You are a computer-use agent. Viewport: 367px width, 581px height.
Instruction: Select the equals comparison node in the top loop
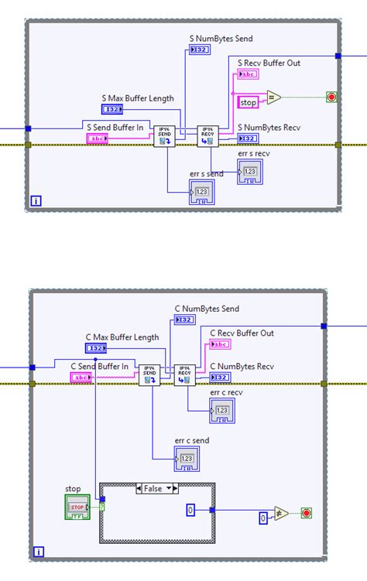tap(273, 97)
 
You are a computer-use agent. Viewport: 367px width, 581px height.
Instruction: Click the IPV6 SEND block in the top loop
tap(164, 135)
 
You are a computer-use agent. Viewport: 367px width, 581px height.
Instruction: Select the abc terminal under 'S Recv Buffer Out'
tap(249, 74)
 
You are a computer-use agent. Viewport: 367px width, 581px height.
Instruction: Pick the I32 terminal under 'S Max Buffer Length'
tap(112, 110)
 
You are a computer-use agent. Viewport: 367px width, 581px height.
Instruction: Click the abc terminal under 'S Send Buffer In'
tap(98, 138)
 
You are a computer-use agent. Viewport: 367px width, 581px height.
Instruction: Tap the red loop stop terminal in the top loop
tap(331, 97)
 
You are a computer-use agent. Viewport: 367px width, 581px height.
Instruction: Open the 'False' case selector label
tap(157, 488)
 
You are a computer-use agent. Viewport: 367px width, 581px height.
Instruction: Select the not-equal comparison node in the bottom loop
tap(280, 513)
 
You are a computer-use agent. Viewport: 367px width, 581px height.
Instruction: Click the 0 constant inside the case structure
tap(190, 510)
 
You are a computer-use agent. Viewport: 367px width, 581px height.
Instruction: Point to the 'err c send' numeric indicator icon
tap(187, 459)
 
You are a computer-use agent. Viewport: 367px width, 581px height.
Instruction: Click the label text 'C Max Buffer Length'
tap(122, 337)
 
